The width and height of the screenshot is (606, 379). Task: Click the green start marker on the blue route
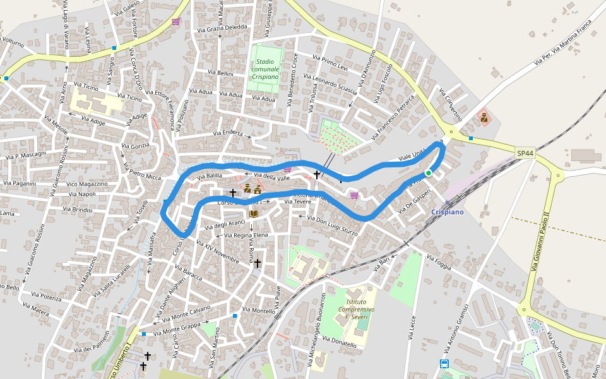[428, 172]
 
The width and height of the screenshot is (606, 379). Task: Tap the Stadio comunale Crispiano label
[264, 69]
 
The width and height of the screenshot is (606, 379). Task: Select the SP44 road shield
[525, 153]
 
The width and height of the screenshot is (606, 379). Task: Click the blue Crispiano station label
[448, 212]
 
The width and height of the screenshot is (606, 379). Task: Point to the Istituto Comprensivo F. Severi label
[357, 310]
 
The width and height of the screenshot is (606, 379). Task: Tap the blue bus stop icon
[444, 363]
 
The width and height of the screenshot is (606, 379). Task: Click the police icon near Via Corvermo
[484, 117]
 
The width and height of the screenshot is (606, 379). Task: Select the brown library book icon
[254, 214]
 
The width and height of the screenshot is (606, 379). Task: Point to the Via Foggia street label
[441, 262]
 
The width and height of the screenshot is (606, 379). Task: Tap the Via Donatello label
[339, 342]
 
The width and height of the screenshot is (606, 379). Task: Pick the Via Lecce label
[413, 328]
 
